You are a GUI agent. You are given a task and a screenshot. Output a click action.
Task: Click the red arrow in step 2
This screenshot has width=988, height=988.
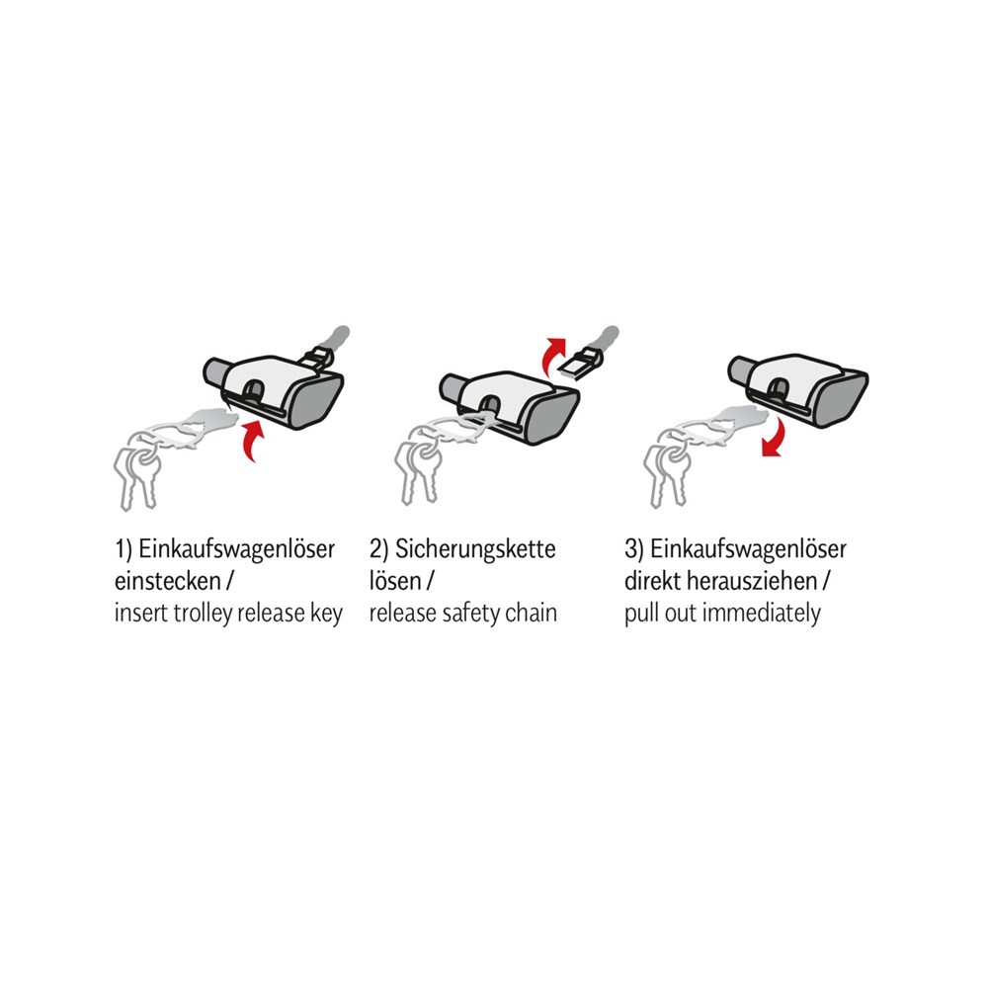[553, 356]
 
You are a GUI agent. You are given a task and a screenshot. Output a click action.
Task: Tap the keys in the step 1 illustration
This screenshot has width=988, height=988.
[136, 475]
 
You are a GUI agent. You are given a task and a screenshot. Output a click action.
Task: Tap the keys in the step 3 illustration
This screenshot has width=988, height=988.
[667, 472]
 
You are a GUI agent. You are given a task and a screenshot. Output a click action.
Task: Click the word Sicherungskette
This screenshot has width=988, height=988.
[475, 548]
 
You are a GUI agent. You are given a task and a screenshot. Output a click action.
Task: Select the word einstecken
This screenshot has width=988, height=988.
[168, 580]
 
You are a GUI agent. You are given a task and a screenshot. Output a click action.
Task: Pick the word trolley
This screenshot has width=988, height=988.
[203, 613]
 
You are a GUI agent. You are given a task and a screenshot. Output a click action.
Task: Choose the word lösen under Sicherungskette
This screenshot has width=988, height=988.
[394, 580]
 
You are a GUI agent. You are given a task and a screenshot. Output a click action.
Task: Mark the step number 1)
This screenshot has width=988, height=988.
[123, 549]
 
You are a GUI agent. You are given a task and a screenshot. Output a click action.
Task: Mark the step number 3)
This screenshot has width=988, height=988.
[634, 549]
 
